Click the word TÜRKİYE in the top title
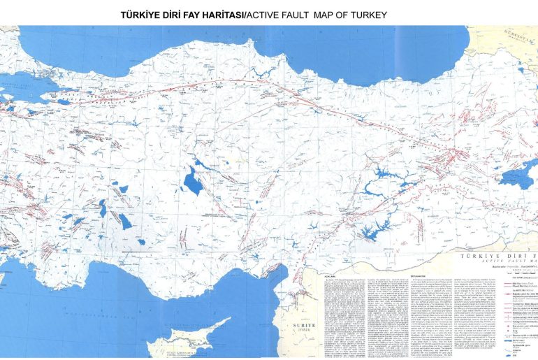click(x=142, y=14)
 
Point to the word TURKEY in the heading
click(x=367, y=14)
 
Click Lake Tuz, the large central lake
click(x=190, y=182)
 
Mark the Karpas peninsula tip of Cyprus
click(x=230, y=319)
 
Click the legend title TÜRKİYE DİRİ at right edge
click(x=497, y=257)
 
